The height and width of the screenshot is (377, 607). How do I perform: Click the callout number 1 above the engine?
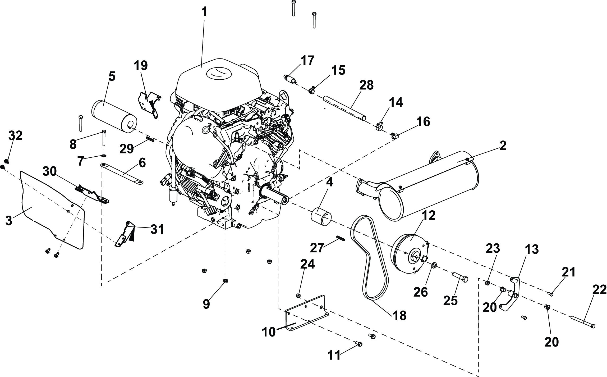pyautogui.click(x=204, y=12)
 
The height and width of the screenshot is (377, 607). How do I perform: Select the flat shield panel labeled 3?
pyautogui.click(x=50, y=206)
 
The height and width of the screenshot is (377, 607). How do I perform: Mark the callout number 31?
pyautogui.click(x=157, y=229)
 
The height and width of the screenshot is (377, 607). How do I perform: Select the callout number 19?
pyautogui.click(x=140, y=65)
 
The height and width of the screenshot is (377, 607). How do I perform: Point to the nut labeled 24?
pyautogui.click(x=298, y=295)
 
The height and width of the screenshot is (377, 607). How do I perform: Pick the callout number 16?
pyautogui.click(x=422, y=122)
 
